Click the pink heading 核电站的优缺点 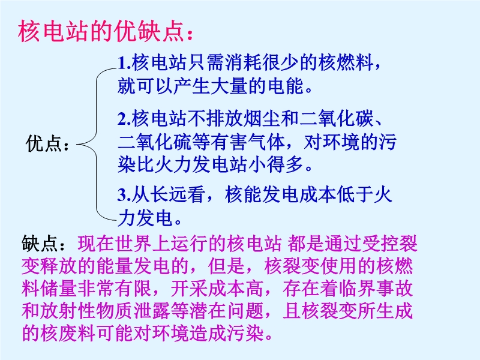[x=101, y=32]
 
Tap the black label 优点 [x=44, y=143]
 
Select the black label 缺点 [x=40, y=244]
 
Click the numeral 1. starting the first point [x=124, y=63]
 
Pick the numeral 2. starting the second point [x=124, y=119]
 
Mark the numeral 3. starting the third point [x=124, y=194]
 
